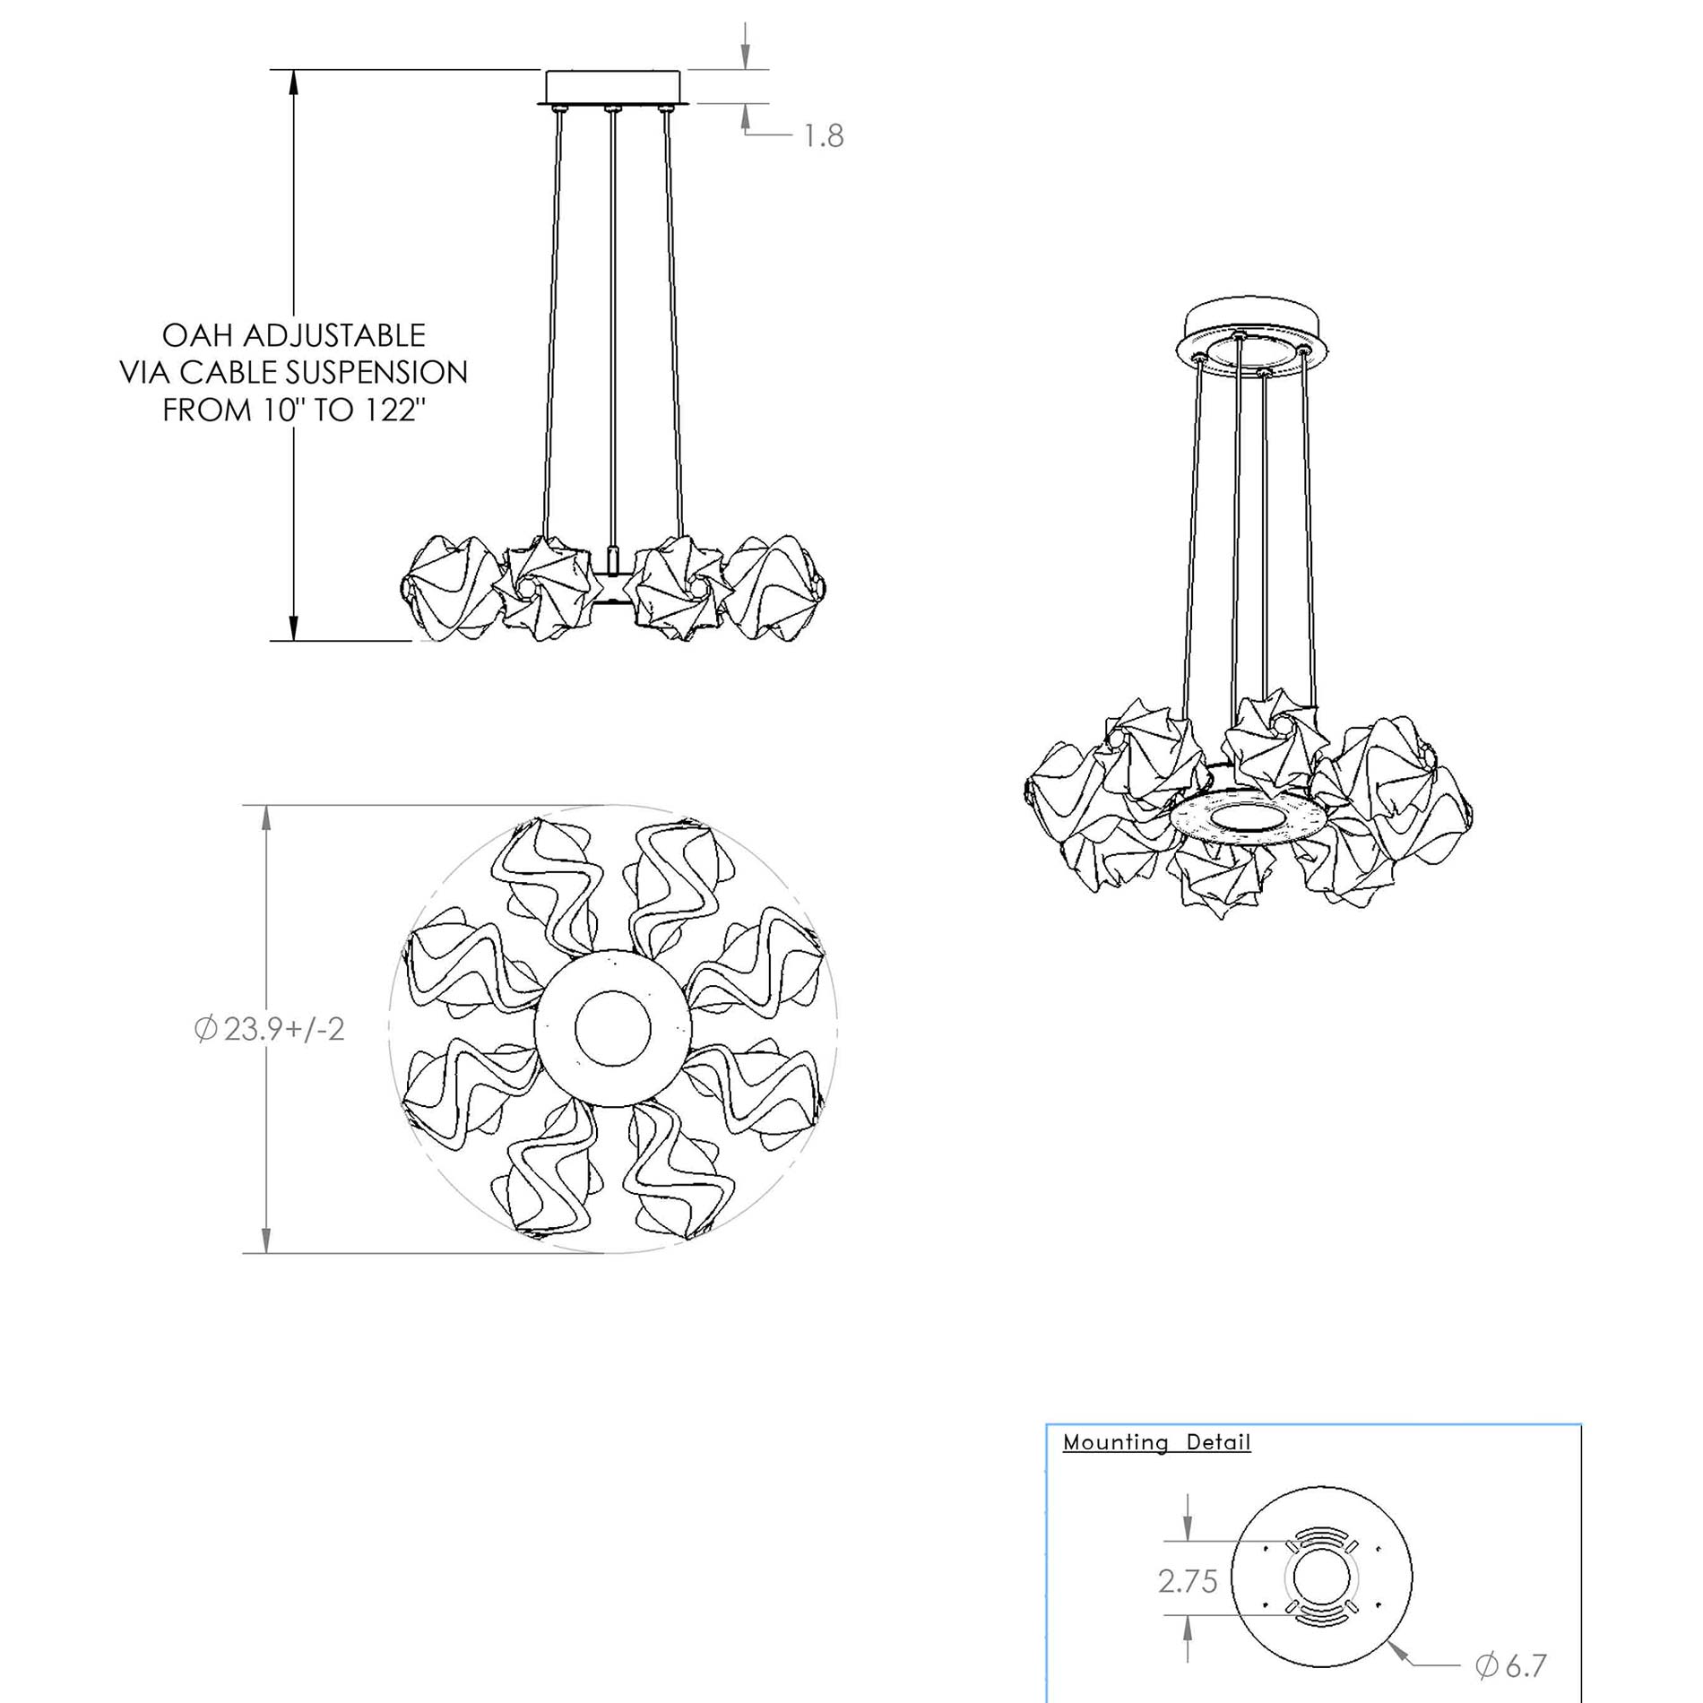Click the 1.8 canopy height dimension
(x=823, y=136)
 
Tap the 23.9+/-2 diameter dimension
(x=269, y=1028)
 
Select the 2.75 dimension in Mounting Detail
(x=1188, y=1582)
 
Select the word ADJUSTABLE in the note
(x=333, y=335)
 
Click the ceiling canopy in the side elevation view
(x=613, y=88)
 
